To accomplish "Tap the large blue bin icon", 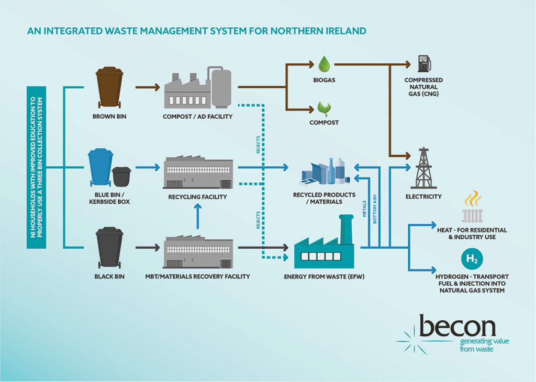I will click(x=100, y=167).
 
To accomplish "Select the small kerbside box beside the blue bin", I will click(x=121, y=176).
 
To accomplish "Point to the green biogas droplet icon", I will click(x=323, y=64).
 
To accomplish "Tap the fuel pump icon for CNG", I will click(x=423, y=63).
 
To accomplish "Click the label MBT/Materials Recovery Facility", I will click(x=198, y=276).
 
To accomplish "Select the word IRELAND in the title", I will click(x=344, y=31).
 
